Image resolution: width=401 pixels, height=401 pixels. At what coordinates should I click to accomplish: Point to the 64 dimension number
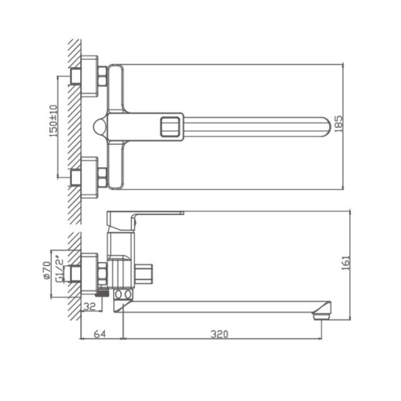tap(99, 334)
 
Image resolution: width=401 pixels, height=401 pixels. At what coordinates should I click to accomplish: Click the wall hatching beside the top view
tap(72, 123)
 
